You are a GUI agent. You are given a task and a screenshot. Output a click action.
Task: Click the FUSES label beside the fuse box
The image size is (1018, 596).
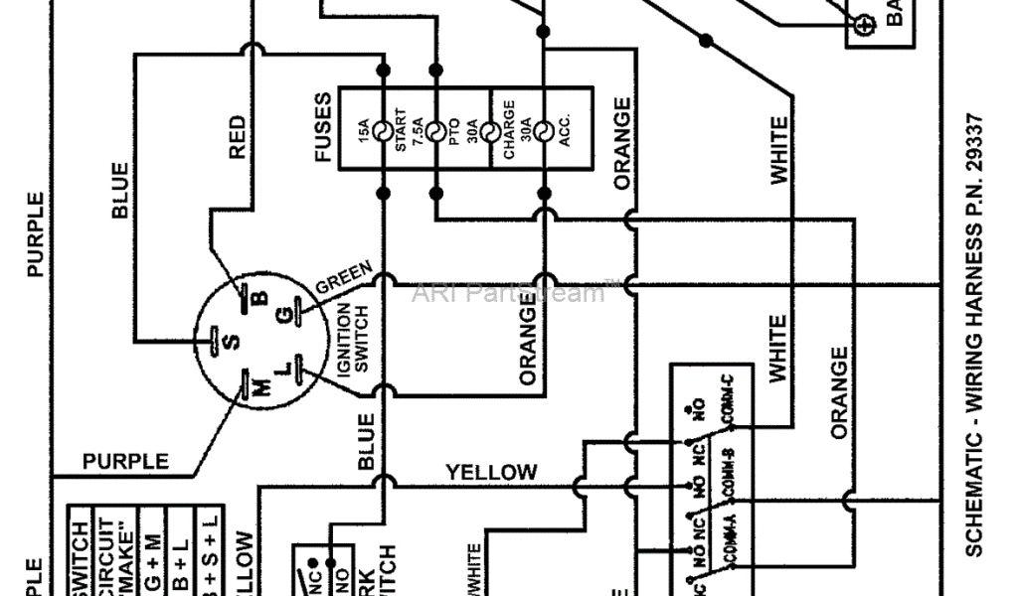coord(322,128)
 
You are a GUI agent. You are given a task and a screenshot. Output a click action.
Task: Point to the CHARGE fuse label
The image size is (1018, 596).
coord(508,129)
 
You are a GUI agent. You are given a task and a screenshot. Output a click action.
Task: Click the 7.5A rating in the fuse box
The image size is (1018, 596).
coord(419,130)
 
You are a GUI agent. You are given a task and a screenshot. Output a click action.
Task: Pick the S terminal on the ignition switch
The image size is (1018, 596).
coord(230,341)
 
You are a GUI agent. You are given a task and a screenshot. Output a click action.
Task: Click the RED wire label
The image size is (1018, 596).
coord(237,137)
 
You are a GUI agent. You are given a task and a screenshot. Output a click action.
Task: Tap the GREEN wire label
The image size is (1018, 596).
coord(344,277)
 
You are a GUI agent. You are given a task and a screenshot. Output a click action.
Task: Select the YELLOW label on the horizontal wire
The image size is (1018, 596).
coord(491,472)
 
